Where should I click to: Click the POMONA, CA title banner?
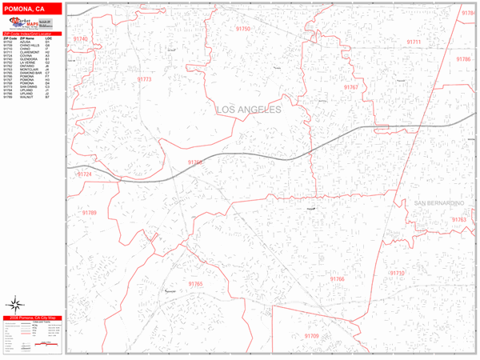(x=32, y=7)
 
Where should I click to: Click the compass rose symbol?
(x=15, y=304)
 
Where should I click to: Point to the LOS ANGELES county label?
(x=249, y=110)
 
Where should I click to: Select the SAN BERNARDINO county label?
(x=439, y=203)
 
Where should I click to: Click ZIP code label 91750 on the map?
(x=243, y=29)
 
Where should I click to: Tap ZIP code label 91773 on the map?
(x=144, y=79)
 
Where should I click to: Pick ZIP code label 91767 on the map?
(x=350, y=86)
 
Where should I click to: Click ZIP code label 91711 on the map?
(x=413, y=41)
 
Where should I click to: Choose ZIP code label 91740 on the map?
(x=80, y=38)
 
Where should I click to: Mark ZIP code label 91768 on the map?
(x=196, y=162)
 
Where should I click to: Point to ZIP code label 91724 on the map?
(x=84, y=174)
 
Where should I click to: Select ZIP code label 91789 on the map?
(x=89, y=213)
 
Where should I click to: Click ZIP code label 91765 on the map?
(x=196, y=284)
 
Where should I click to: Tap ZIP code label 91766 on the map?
(x=337, y=278)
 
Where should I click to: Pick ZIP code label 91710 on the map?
(x=398, y=273)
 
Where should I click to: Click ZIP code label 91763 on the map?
(x=458, y=219)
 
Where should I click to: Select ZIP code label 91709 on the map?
(x=311, y=336)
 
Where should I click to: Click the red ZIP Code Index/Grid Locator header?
(x=32, y=33)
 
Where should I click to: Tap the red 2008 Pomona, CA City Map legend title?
(x=32, y=318)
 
